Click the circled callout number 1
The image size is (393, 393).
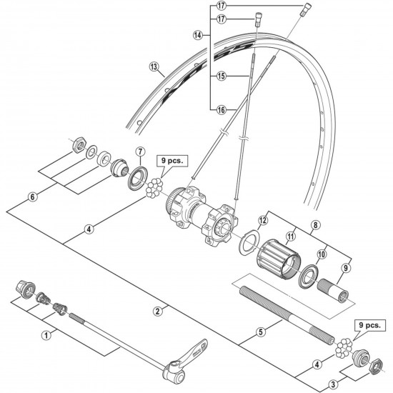[47, 333]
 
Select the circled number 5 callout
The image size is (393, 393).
[260, 332]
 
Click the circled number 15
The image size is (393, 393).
[221, 74]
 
